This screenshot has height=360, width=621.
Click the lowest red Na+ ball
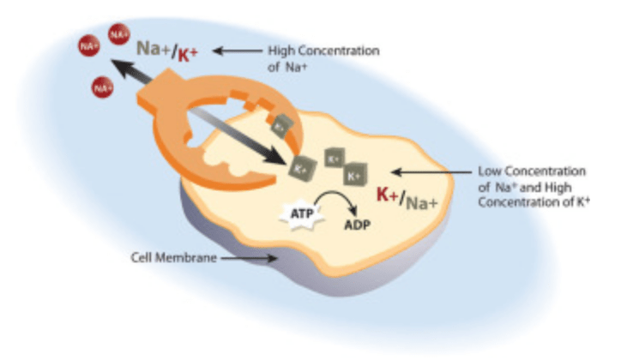(103, 87)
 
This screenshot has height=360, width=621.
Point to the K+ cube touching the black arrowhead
(300, 169)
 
